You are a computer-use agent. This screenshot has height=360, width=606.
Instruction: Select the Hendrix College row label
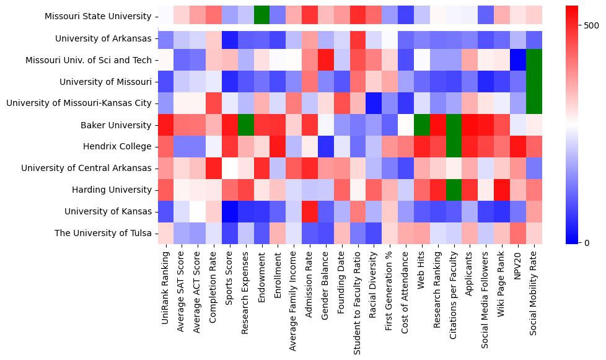(117, 147)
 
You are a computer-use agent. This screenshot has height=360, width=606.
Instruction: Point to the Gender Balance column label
(327, 282)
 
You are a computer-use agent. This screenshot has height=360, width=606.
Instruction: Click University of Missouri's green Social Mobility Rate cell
(534, 82)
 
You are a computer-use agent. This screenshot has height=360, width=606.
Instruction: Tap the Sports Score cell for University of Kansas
(231, 212)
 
